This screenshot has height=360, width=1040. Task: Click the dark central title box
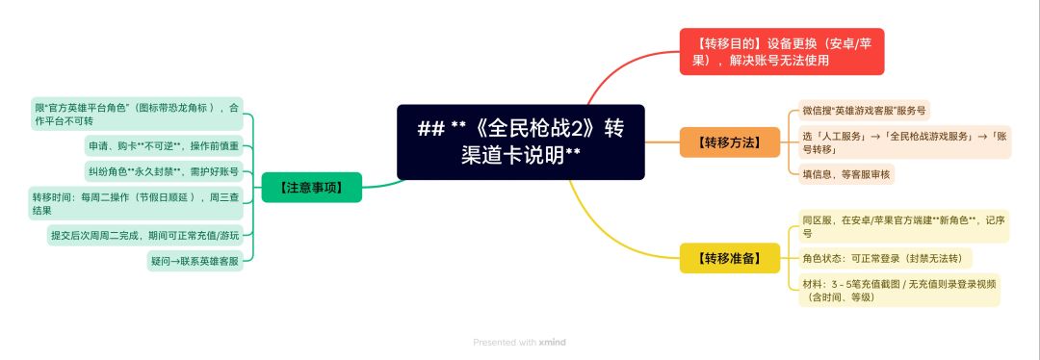[521, 141]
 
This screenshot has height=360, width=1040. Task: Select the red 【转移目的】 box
[782, 52]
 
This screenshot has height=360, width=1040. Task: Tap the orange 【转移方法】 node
[730, 141]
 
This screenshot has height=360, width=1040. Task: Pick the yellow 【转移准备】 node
[730, 258]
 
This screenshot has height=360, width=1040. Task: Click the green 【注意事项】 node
[312, 187]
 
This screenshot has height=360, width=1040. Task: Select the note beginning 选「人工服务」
[904, 141]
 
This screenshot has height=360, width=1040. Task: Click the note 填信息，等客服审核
[846, 173]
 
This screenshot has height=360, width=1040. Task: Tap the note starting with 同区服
[903, 226]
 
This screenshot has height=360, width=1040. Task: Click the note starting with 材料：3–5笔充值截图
[898, 291]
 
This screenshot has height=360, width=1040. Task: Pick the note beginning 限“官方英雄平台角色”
[137, 114]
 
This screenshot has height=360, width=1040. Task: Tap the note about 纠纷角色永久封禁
[164, 171]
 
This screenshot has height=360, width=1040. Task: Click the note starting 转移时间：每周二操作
[136, 203]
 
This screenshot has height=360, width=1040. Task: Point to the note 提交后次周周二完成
[145, 236]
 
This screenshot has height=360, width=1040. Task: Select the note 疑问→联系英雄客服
[195, 261]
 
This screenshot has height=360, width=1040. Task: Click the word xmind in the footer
[552, 343]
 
